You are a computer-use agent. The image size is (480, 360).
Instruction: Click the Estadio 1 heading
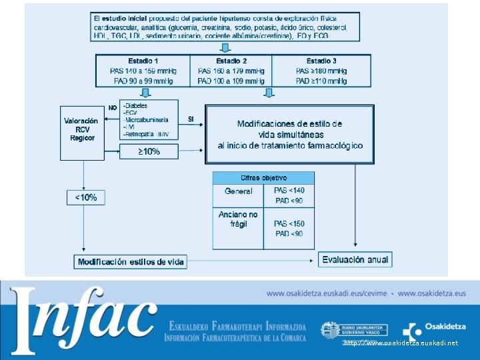pos(143,61)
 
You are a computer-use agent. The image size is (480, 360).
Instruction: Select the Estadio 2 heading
pos(231,61)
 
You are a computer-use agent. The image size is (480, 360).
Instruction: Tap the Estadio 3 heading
pos(321,61)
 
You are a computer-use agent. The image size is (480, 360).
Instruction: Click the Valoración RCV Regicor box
pos(81,129)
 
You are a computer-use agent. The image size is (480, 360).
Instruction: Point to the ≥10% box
pos(149,151)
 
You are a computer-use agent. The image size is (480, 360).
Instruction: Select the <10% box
pos(85,197)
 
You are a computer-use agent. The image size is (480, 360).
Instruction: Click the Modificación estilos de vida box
pos(131,262)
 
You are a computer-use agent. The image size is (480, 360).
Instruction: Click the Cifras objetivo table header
pos(263,178)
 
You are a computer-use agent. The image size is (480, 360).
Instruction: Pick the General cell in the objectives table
pos(239,191)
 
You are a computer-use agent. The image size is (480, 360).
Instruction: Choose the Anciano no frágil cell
pos(238,219)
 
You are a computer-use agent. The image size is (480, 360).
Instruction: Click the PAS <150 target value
pos(289,224)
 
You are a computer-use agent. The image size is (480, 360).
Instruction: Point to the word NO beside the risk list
pos(113,107)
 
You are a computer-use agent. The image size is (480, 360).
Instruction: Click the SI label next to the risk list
pos(191,119)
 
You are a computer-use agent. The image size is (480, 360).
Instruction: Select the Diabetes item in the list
pos(136,106)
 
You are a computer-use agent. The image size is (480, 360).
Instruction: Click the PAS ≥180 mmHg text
pos(321,71)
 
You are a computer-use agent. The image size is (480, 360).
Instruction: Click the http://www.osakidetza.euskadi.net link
pos(401,343)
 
